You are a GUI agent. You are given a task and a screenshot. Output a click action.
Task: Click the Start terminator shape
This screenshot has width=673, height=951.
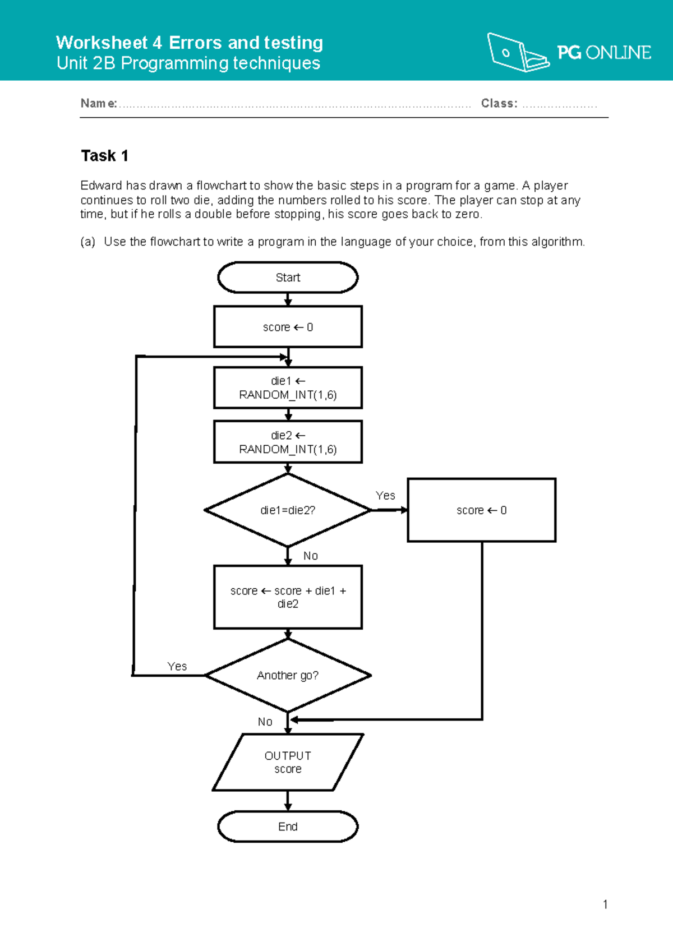point(288,278)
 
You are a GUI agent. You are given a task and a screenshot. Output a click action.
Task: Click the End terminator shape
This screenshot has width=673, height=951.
point(288,827)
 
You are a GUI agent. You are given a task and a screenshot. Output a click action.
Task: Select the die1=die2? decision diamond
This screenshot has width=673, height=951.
point(288,510)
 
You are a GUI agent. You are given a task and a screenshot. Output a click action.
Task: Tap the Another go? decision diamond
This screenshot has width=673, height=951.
point(288,676)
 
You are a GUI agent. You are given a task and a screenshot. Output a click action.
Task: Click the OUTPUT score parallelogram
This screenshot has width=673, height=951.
point(288,763)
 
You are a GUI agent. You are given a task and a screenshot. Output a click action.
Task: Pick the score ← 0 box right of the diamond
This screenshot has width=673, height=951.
point(481,510)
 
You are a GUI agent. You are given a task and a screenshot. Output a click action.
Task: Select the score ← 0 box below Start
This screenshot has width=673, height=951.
point(288,327)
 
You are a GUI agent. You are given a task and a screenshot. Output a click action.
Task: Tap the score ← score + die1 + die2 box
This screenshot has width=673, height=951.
point(288,597)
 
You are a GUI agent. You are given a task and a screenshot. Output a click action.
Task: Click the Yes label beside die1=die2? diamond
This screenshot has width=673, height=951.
point(385,496)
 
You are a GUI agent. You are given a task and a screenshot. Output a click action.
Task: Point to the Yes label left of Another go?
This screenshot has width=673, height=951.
point(177,666)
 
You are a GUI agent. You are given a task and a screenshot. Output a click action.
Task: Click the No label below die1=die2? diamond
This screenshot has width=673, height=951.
point(311,556)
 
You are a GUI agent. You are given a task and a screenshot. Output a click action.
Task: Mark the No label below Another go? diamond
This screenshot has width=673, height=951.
point(265,722)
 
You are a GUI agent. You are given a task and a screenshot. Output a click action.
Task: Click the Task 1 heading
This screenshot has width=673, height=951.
point(105,156)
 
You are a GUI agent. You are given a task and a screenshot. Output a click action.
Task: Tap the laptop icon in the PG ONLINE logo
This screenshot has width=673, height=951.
point(517,53)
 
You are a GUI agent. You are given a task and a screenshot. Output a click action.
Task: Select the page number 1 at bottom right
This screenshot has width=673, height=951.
point(605,904)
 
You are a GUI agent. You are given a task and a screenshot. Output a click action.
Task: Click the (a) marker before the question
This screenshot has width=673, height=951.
point(87,242)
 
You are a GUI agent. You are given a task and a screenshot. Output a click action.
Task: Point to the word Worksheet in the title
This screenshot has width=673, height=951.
point(102,43)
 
